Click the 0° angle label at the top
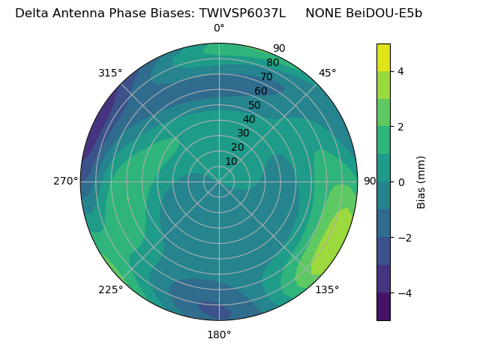(219, 28)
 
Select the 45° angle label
(328, 73)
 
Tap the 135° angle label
(327, 289)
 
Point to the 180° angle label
(219, 334)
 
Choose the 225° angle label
(110, 289)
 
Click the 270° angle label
(65, 181)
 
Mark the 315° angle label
(110, 73)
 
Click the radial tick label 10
(231, 161)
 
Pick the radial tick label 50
(255, 105)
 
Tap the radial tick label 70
(266, 76)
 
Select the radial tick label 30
(243, 133)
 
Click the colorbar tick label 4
(401, 71)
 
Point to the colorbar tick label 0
(401, 182)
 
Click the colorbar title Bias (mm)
(421, 182)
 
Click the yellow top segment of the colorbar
(383, 58)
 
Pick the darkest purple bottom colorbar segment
(383, 307)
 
